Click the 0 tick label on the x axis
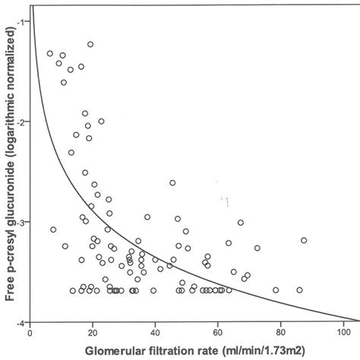point(30,331)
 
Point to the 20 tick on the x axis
point(92,331)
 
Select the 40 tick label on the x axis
point(155,331)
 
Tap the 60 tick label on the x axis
point(218,331)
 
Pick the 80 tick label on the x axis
point(280,331)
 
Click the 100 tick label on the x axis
point(343,331)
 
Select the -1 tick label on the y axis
point(21,21)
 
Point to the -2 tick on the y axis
point(21,122)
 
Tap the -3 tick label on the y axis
point(21,222)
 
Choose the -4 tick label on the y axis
point(21,322)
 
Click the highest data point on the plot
point(90,44)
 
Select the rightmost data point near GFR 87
point(304,240)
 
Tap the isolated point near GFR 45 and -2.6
point(172,182)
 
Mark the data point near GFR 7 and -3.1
point(53,229)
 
